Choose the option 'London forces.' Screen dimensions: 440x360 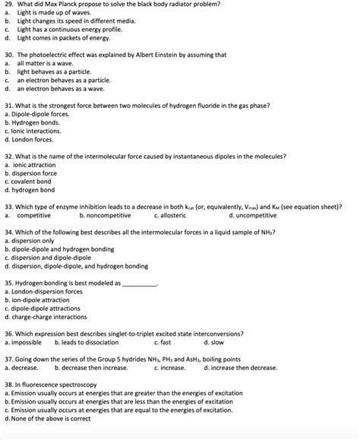tap(31, 139)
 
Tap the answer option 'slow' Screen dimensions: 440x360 tap(237, 342)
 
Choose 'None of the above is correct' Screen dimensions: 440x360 tap(50, 418)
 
